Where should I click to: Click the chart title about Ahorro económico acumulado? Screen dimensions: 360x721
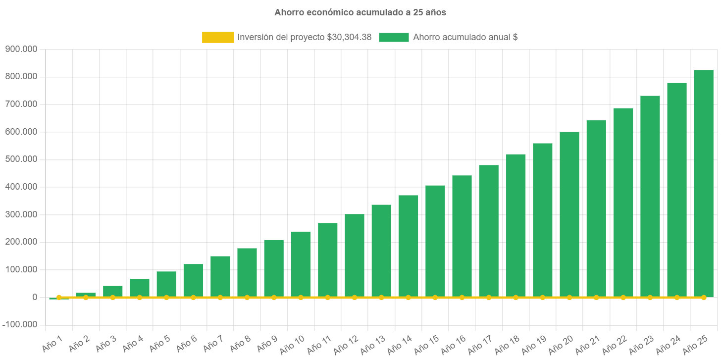click(360, 12)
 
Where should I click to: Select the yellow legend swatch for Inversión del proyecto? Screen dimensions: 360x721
click(218, 37)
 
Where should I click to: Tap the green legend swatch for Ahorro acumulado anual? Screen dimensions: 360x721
click(394, 37)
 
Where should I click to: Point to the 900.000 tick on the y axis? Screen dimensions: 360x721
click(21, 49)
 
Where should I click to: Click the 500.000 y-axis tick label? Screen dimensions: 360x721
click(21, 159)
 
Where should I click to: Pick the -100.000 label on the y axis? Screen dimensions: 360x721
click(20, 325)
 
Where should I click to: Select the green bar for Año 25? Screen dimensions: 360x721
click(703, 183)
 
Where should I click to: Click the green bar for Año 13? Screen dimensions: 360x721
click(381, 251)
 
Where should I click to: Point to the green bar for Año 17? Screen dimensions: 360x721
click(489, 231)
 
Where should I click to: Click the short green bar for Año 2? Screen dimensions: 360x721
click(86, 295)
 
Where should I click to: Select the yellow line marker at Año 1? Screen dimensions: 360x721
click(59, 298)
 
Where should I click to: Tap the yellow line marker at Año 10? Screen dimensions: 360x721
click(301, 298)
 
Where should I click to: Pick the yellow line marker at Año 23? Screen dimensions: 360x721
click(650, 298)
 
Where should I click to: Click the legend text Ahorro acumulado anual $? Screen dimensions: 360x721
click(465, 37)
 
